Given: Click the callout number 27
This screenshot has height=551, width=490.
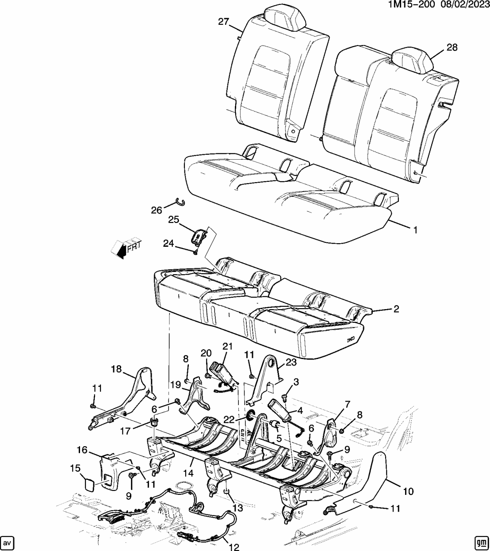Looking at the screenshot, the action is (x=224, y=22).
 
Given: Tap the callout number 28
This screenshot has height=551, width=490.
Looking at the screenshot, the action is (x=452, y=47).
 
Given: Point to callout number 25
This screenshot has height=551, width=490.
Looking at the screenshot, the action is (x=174, y=219).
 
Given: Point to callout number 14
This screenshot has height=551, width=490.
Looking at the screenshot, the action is (x=188, y=473).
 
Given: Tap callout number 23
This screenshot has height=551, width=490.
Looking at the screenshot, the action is (x=291, y=362).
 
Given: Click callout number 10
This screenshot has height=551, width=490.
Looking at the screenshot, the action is (x=408, y=491).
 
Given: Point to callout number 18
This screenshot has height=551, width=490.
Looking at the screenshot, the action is (x=116, y=369).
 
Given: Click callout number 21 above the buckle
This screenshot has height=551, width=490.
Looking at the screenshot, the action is (x=227, y=346).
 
